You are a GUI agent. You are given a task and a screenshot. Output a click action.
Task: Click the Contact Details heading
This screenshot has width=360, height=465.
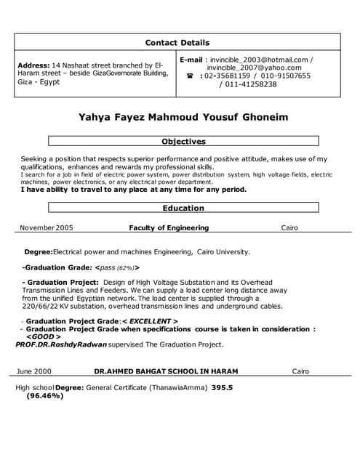coord(177,42)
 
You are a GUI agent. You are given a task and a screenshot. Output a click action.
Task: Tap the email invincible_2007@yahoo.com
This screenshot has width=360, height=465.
coord(254,68)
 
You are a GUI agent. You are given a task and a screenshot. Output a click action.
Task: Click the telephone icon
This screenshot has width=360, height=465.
coord(190,76)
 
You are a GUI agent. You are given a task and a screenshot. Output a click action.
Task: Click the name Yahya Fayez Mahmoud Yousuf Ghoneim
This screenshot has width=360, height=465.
coord(183,117)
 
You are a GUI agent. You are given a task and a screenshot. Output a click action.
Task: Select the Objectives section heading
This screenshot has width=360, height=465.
coord(183,142)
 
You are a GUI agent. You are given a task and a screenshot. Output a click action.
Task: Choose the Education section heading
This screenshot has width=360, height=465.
coord(183,208)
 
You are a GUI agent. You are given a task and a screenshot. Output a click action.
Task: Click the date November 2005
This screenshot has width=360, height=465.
coord(47,227)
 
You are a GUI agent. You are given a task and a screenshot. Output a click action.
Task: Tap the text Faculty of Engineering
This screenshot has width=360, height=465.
coord(169,227)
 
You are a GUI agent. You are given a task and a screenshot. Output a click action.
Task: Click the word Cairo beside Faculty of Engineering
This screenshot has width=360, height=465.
coord(289,227)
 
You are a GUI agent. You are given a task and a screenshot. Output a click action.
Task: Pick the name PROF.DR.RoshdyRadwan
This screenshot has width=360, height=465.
coord(60,344)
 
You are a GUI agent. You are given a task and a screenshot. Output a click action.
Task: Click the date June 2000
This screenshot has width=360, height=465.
coord(33,371)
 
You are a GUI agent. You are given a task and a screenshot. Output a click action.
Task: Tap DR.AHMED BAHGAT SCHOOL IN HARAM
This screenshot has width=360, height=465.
coord(166,371)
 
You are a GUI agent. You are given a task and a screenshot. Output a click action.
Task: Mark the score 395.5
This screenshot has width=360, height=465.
coord(222,388)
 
